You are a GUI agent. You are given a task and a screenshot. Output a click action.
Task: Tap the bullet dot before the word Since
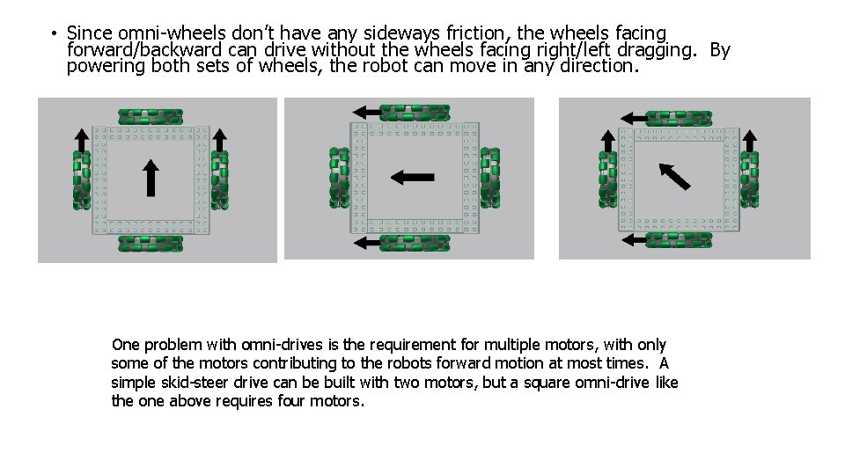pos(54,34)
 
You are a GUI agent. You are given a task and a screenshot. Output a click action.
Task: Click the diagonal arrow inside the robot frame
pos(675,176)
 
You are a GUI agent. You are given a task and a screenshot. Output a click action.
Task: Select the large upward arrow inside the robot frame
pos(151,178)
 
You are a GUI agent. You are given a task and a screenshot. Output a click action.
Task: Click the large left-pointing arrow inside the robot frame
pos(412,177)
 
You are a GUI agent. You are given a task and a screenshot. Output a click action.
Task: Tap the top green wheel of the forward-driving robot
pos(151,117)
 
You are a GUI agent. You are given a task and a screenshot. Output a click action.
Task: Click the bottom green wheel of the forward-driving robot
pos(151,243)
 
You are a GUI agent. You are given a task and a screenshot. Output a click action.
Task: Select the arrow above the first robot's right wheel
pos(220,140)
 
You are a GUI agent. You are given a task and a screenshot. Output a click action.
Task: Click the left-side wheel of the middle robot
pos(339,178)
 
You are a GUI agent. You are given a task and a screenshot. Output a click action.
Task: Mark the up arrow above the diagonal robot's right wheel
pos(750,141)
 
